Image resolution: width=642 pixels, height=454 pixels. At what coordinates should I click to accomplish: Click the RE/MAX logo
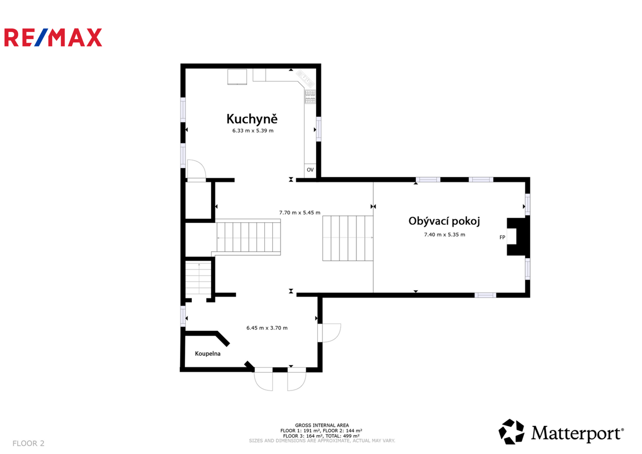pyautogui.click(x=53, y=37)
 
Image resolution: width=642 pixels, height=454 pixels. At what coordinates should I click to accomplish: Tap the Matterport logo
pyautogui.click(x=561, y=432)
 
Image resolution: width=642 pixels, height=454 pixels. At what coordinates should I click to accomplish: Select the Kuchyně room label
pyautogui.click(x=252, y=119)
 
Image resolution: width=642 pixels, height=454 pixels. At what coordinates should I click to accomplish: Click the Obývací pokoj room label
pyautogui.click(x=444, y=221)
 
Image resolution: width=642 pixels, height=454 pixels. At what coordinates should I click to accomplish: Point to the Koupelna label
pyautogui.click(x=208, y=354)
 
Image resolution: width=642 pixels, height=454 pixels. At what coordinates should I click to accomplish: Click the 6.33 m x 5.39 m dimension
pyautogui.click(x=253, y=131)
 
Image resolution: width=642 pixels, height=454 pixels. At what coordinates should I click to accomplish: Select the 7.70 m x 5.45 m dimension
pyautogui.click(x=300, y=213)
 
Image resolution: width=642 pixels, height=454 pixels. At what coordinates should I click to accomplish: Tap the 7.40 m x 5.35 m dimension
pyautogui.click(x=444, y=235)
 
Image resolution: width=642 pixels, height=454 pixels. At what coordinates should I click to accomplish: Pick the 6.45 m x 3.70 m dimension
pyautogui.click(x=267, y=328)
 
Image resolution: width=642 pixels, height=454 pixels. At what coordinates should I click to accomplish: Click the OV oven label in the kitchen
pyautogui.click(x=310, y=170)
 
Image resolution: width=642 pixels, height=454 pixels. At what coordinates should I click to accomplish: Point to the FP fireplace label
pyautogui.click(x=502, y=238)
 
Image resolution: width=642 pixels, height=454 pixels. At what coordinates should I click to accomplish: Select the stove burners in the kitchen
pyautogui.click(x=310, y=97)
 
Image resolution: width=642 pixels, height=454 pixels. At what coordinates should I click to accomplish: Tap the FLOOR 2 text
pyautogui.click(x=28, y=443)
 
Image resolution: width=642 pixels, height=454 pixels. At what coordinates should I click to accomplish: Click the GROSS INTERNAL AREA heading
pyautogui.click(x=322, y=425)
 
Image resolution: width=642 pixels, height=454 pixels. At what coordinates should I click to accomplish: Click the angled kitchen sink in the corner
pyautogui.click(x=305, y=78)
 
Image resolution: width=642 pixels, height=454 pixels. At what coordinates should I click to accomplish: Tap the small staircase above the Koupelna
pyautogui.click(x=198, y=278)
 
